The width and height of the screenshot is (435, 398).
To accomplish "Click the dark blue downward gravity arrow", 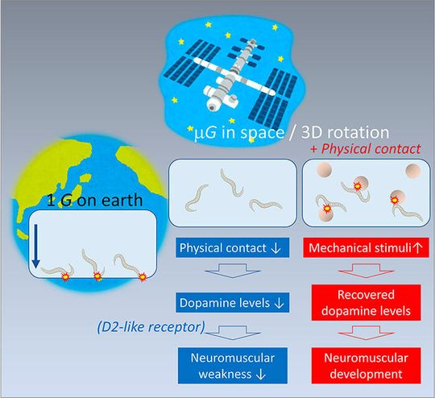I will click(x=35, y=245).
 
